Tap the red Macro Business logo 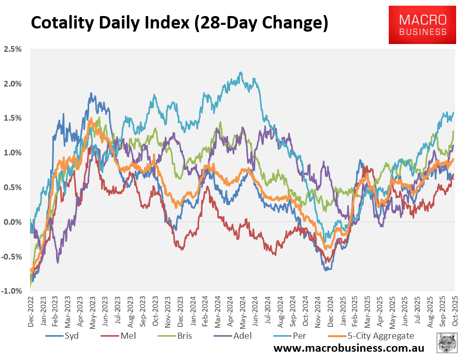pyautogui.click(x=422, y=25)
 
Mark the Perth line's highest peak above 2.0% pyautogui.click(x=241, y=73)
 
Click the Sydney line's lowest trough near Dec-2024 pyautogui.click(x=326, y=270)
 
